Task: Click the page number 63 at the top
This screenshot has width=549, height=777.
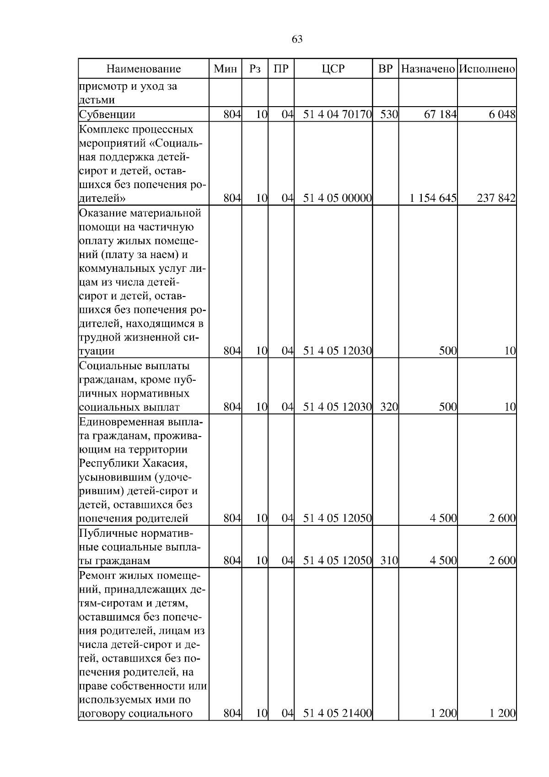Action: click(x=297, y=39)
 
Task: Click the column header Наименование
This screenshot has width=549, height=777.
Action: click(x=144, y=69)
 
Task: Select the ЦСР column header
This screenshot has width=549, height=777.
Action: click(x=333, y=69)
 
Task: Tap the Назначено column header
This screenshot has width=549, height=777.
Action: click(x=428, y=69)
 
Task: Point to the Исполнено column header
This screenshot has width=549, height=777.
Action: click(x=487, y=69)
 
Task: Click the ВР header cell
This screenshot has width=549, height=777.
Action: click(x=386, y=69)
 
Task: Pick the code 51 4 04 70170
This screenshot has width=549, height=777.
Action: click(x=337, y=114)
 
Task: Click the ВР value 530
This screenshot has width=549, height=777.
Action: click(x=389, y=114)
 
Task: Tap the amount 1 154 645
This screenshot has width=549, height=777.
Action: click(x=433, y=199)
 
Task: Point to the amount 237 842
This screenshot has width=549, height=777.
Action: click(x=496, y=199)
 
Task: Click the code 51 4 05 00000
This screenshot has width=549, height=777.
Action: click(x=337, y=199)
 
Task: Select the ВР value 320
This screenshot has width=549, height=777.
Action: click(x=389, y=407)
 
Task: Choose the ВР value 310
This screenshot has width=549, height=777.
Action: click(x=389, y=561)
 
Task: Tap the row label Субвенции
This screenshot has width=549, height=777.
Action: click(x=108, y=114)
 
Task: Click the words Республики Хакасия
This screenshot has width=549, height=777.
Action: click(x=133, y=463)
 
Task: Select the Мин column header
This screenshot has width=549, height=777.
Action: click(x=225, y=69)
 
